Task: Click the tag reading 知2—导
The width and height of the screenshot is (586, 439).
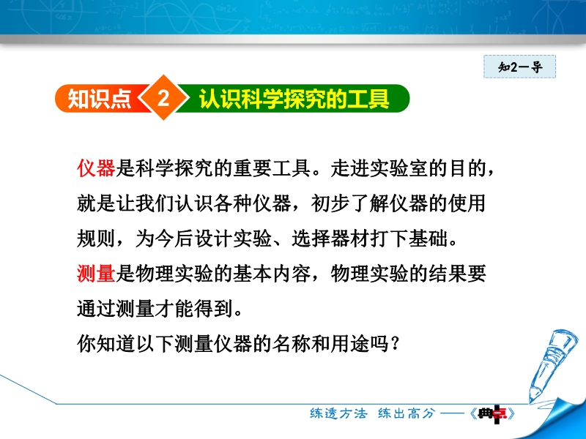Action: click(519, 67)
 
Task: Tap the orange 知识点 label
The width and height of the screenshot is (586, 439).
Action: click(99, 99)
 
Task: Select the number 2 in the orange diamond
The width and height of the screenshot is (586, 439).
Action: click(163, 99)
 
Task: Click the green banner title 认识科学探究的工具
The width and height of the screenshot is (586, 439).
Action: click(294, 99)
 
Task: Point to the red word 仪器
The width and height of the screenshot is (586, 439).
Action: click(96, 168)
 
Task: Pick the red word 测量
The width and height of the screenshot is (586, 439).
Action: click(96, 273)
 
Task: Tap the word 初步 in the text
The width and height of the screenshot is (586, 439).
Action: click(330, 203)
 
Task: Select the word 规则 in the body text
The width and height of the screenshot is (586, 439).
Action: click(96, 239)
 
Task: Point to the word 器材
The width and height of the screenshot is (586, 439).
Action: click(350, 239)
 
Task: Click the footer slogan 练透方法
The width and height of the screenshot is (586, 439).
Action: click(338, 413)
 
